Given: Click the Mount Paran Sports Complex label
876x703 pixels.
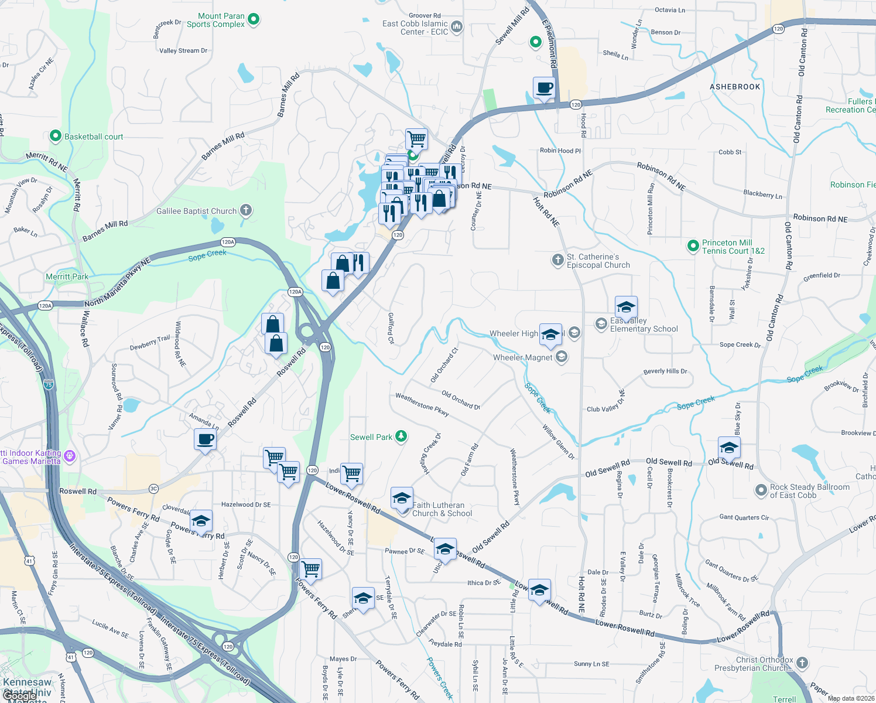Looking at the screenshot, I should [x=215, y=20].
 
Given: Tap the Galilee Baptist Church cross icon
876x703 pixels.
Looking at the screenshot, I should [x=246, y=210].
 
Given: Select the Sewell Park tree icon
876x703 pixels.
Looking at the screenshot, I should [x=401, y=436].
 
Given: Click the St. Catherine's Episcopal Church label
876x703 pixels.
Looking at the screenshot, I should [x=598, y=261].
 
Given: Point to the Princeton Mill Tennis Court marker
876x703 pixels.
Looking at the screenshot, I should [x=693, y=245].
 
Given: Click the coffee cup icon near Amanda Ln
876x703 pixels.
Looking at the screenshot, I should [x=205, y=439].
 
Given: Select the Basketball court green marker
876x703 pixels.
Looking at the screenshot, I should [x=55, y=136].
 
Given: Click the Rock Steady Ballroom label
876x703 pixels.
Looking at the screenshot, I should [x=809, y=491].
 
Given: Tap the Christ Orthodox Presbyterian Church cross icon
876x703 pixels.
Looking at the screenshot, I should [x=802, y=663].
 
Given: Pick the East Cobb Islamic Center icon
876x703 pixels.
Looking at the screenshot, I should [x=457, y=26].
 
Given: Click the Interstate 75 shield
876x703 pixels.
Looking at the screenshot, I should [x=48, y=385].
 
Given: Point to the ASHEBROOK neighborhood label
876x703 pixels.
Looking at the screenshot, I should [x=735, y=87].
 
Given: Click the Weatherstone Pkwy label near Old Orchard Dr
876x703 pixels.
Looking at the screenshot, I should [x=422, y=405].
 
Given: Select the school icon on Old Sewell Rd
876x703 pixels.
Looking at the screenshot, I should [x=728, y=448].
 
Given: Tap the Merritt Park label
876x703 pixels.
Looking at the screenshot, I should [x=67, y=277].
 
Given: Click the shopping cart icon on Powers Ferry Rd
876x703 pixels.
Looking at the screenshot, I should [x=310, y=569].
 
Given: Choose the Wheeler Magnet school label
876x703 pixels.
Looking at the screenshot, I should [x=522, y=357].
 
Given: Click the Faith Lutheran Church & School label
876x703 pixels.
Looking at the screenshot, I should [x=442, y=509].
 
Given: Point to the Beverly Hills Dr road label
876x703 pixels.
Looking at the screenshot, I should [x=665, y=371].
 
